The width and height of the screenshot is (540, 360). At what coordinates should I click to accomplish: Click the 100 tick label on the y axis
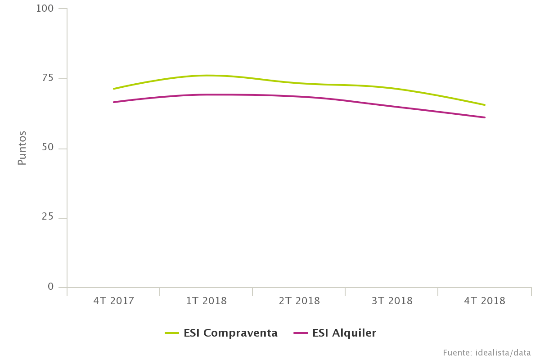coord(45,9)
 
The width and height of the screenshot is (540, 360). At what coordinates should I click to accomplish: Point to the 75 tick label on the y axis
coord(48,78)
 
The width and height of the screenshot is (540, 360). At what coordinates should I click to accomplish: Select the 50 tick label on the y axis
coord(48,148)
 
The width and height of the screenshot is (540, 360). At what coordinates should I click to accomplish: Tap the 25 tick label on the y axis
coord(48,217)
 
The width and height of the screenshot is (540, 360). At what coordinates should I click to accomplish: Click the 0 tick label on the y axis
coord(50,287)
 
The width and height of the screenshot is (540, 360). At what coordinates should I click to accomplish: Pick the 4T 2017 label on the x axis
coord(114,301)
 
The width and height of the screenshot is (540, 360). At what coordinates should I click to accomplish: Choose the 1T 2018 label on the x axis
coord(207,301)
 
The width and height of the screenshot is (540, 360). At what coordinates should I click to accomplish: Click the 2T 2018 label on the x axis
coord(299,301)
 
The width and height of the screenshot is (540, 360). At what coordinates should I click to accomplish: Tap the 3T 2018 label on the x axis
coord(392,301)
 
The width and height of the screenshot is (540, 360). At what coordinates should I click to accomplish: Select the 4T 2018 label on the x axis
coord(485,301)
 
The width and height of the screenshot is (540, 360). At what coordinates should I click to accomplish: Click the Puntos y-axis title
coord(22,148)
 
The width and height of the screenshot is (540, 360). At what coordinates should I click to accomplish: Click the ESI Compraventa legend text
coord(230,333)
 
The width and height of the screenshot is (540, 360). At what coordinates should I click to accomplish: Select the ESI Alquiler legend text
coord(344,333)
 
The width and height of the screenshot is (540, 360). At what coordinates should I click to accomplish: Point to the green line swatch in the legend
coord(172,333)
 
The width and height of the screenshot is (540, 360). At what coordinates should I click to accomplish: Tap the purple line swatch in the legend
coord(301,333)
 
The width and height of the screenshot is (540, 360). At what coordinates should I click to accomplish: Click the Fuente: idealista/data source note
coord(487,353)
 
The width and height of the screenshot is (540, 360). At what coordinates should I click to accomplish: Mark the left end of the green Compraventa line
coord(113,89)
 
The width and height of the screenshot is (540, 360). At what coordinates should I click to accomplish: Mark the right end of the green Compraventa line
coord(485,105)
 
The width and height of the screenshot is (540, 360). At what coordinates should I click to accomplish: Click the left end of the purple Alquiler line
coord(113,102)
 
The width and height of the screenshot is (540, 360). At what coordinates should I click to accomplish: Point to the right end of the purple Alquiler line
coord(485,117)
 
